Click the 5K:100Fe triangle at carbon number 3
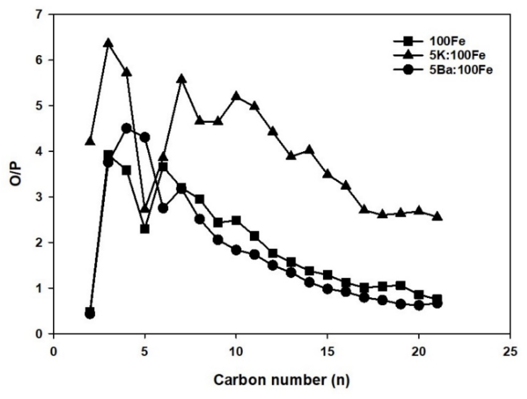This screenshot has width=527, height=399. click(108, 43)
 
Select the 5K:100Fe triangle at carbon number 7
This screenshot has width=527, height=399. click(181, 79)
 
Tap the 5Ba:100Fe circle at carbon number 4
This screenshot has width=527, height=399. click(127, 128)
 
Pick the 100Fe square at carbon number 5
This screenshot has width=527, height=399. click(145, 229)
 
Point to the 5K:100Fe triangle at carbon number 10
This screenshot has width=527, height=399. click(236, 96)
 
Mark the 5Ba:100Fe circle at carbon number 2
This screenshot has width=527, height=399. click(90, 314)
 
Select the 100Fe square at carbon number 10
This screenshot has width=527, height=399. click(236, 220)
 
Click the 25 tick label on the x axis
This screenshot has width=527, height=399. click(510, 352)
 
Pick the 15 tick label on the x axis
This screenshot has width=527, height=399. click(328, 352)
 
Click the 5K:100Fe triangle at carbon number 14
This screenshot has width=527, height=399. click(309, 150)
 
